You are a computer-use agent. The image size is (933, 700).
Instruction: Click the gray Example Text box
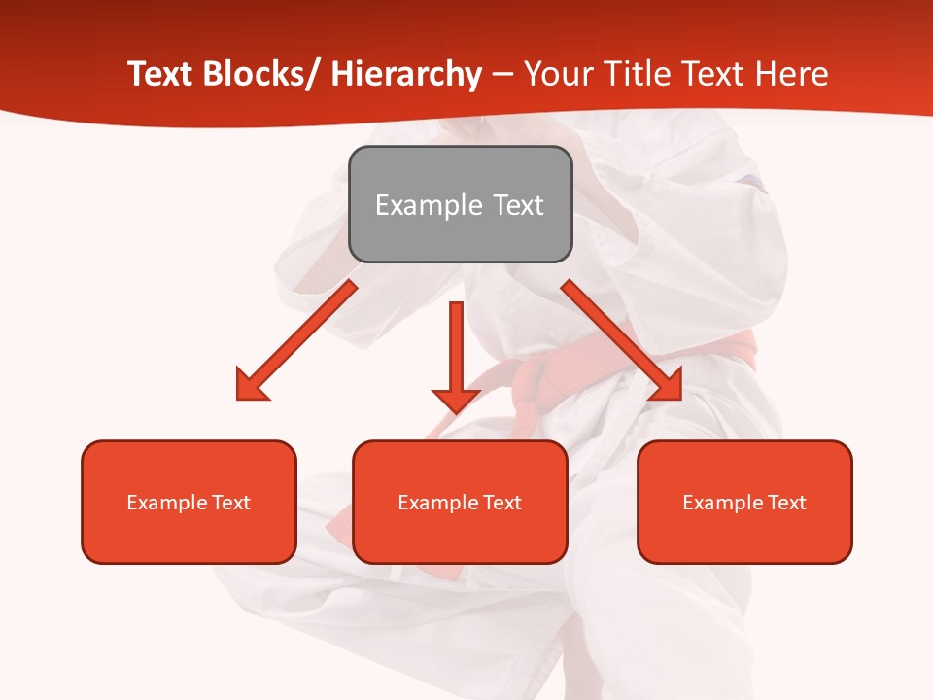[460, 204]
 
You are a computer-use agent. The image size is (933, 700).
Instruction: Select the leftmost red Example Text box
[189, 502]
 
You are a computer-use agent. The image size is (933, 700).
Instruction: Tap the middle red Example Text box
[460, 502]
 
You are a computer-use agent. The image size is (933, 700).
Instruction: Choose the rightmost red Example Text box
[744, 502]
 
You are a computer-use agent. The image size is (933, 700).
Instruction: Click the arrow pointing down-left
[295, 340]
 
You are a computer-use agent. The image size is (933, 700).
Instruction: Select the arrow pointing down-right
[622, 340]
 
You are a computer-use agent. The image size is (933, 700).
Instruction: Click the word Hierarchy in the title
[406, 74]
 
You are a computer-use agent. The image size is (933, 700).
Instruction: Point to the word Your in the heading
[555, 74]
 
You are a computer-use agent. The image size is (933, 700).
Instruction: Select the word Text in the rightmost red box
[786, 503]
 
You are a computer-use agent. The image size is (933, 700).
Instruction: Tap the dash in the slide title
[502, 76]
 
